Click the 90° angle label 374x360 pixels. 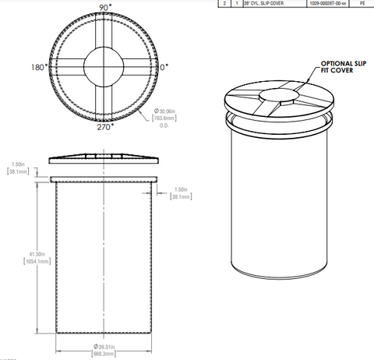coord(103,7)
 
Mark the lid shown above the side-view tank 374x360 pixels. coord(104,159)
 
